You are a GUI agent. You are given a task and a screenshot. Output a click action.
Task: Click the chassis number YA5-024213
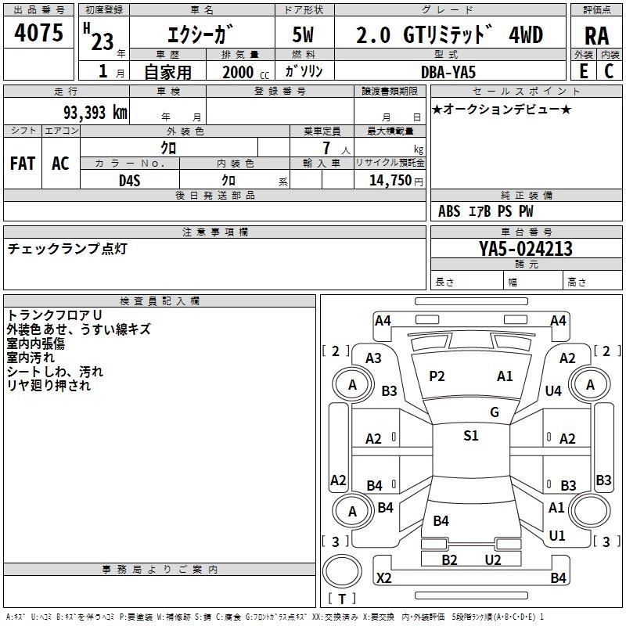click(526, 249)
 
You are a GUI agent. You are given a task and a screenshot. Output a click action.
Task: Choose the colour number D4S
click(129, 180)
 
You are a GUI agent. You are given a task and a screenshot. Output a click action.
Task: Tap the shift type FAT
click(22, 164)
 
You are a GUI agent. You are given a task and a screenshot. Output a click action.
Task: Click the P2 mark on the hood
click(437, 376)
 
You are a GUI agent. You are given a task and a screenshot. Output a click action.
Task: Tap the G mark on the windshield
click(494, 412)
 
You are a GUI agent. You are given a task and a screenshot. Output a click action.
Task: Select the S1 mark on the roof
click(470, 436)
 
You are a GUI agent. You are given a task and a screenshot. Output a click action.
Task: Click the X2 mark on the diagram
click(383, 577)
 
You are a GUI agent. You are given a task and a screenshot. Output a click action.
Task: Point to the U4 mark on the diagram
click(553, 390)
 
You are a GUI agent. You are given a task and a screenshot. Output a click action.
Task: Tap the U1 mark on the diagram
click(557, 535)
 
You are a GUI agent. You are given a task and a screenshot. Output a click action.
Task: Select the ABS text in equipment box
click(449, 211)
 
